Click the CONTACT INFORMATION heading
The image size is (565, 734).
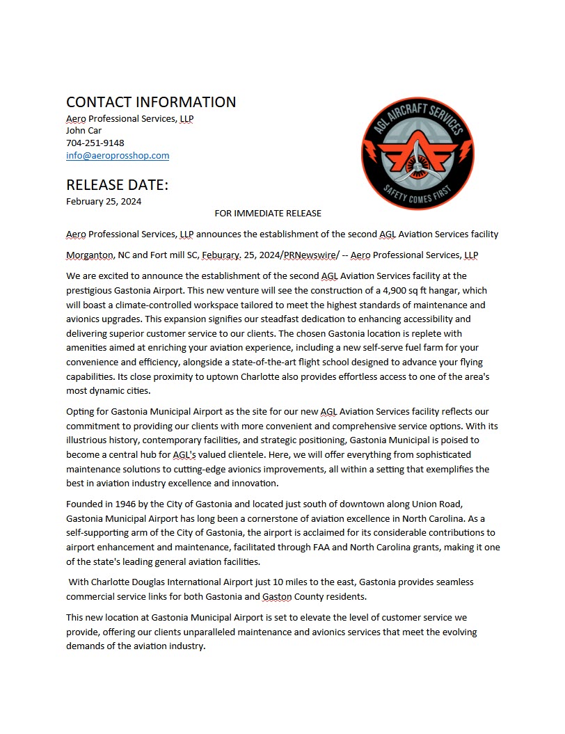(151, 102)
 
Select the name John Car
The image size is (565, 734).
(83, 130)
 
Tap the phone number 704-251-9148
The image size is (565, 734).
(95, 143)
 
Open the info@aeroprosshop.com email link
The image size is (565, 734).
(118, 155)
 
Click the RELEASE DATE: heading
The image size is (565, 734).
(117, 185)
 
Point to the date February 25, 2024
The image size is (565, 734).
(104, 202)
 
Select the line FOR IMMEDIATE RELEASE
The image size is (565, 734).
(268, 213)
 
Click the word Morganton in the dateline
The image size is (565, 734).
(90, 255)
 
